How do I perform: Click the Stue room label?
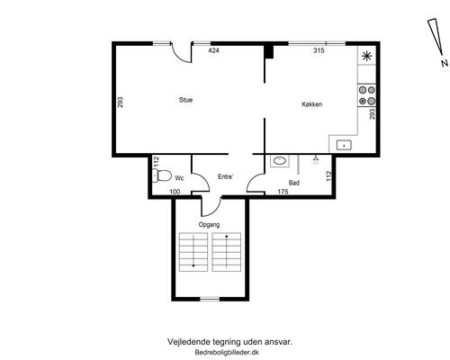(x=185, y=100)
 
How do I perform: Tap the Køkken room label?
(x=312, y=104)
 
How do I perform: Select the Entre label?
(x=225, y=176)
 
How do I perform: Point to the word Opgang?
(x=209, y=225)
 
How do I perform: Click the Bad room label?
(x=294, y=183)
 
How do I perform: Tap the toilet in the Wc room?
(x=161, y=175)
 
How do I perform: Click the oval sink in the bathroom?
(x=280, y=161)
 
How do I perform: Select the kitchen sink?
(x=344, y=145)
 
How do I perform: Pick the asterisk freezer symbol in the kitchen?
(x=367, y=56)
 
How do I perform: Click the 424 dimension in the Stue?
(x=213, y=50)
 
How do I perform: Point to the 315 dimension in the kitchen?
(x=319, y=50)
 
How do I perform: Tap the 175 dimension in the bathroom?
(x=283, y=192)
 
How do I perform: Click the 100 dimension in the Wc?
(x=175, y=192)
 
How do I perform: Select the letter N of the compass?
(x=445, y=63)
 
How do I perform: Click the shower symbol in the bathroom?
(x=316, y=160)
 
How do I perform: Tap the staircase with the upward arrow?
(x=227, y=252)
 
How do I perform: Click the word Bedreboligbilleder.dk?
(x=227, y=353)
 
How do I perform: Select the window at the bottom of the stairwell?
(x=210, y=299)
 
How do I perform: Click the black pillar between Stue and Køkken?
(x=269, y=51)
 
